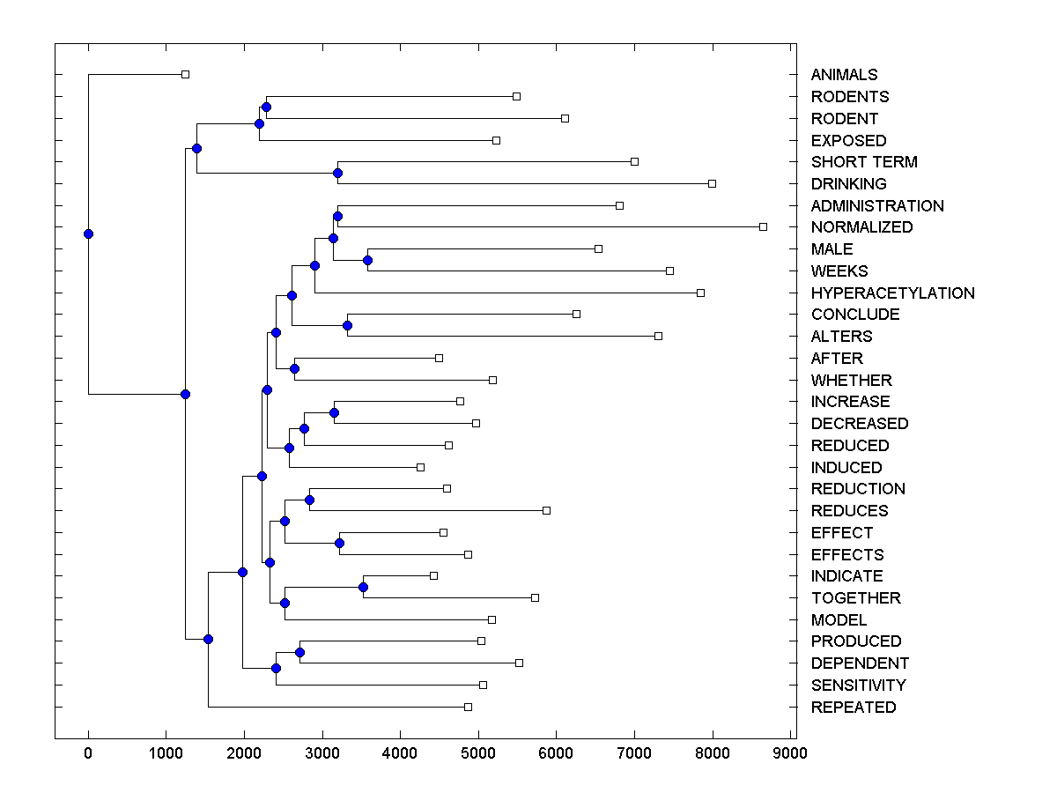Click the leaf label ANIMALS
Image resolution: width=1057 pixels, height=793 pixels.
pyautogui.click(x=844, y=75)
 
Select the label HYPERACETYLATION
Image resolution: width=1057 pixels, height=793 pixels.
pyautogui.click(x=892, y=293)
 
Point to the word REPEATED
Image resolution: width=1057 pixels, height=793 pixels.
pyautogui.click(x=853, y=707)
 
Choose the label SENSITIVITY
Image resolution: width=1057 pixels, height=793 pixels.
pyautogui.click(x=858, y=685)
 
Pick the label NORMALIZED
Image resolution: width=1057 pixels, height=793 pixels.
pyautogui.click(x=861, y=227)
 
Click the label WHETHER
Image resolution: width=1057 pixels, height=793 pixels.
pyautogui.click(x=851, y=380)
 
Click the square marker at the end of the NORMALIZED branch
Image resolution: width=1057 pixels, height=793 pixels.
pyautogui.click(x=763, y=226)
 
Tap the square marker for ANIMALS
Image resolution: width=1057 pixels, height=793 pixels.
pyautogui.click(x=185, y=74)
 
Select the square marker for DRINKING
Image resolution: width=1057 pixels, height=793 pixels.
pyautogui.click(x=712, y=183)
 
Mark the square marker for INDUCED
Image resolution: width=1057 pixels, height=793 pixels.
pyautogui.click(x=420, y=467)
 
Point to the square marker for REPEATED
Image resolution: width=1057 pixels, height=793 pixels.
pyautogui.click(x=468, y=707)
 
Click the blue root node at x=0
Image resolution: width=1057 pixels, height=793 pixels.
pyautogui.click(x=88, y=233)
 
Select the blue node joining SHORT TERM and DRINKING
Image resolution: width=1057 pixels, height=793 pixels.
pyautogui.click(x=337, y=173)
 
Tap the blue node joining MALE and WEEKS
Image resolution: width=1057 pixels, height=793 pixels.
pyautogui.click(x=368, y=260)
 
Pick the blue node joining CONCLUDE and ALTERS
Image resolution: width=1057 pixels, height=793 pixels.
pyautogui.click(x=347, y=325)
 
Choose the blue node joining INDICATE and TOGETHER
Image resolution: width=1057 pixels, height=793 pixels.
pyautogui.click(x=363, y=587)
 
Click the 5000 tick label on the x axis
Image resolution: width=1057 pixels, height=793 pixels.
pyautogui.click(x=478, y=752)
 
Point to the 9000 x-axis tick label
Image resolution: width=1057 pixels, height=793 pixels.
pyautogui.click(x=790, y=752)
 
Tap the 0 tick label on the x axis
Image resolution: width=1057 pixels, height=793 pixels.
pyautogui.click(x=88, y=752)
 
